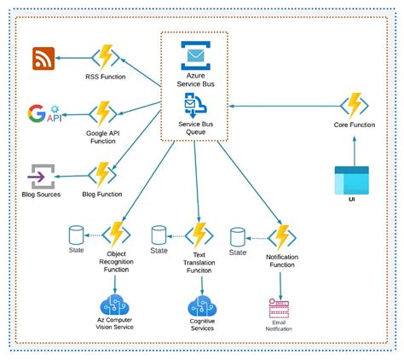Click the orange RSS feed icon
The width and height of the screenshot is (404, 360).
(x=44, y=59)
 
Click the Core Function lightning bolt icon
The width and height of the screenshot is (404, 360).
(x=354, y=106)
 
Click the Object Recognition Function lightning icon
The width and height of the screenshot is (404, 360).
(x=117, y=233)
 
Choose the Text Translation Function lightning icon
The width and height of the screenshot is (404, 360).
(x=199, y=233)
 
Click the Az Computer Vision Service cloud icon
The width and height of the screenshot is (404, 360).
(x=115, y=305)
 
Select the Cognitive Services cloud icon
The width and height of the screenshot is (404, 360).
(x=202, y=305)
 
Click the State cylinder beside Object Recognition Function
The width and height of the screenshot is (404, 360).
(x=76, y=233)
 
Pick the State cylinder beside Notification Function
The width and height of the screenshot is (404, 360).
(x=238, y=234)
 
